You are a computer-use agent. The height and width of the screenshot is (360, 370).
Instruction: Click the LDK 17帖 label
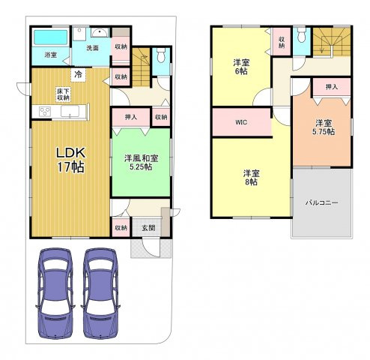pyautogui.click(x=71, y=160)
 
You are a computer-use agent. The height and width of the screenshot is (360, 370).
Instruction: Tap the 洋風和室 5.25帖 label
pyautogui.click(x=141, y=163)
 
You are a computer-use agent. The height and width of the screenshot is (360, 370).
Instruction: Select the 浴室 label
pyautogui.click(x=51, y=55)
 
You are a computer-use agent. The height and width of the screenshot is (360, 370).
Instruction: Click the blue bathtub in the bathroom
pyautogui.click(x=51, y=37)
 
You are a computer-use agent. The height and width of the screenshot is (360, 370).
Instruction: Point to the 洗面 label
pyautogui.click(x=92, y=48)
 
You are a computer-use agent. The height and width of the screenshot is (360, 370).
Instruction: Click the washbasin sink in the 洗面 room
pyautogui.click(x=100, y=33)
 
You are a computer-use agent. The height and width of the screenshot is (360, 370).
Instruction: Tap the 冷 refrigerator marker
pyautogui.click(x=78, y=74)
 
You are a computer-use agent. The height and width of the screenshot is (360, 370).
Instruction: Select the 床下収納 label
pyautogui.click(x=63, y=94)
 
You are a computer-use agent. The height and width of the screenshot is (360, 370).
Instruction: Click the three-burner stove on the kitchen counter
pyautogui.click(x=45, y=111)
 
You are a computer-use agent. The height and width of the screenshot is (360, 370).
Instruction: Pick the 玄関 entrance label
pyautogui.click(x=148, y=228)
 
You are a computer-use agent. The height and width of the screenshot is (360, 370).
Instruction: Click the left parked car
pyautogui.click(x=55, y=293)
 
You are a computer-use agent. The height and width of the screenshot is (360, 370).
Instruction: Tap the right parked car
pyautogui.click(x=100, y=293)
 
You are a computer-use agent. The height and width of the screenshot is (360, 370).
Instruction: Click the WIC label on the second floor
pyautogui.click(x=241, y=122)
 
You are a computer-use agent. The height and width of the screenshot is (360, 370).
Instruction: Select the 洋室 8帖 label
pyautogui.click(x=252, y=178)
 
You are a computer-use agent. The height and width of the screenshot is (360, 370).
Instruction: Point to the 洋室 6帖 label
pyautogui.click(x=241, y=67)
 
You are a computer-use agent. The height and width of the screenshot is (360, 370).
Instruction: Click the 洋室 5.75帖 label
pyautogui.click(x=324, y=127)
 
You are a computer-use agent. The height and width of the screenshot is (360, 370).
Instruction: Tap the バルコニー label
pyautogui.click(x=322, y=202)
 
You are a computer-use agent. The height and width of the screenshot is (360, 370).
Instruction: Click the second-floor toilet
pyautogui.click(x=302, y=34)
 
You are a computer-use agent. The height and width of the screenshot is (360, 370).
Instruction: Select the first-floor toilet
pyautogui.click(x=161, y=55)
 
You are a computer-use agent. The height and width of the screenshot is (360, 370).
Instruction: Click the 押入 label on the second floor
pyautogui.click(x=332, y=87)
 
